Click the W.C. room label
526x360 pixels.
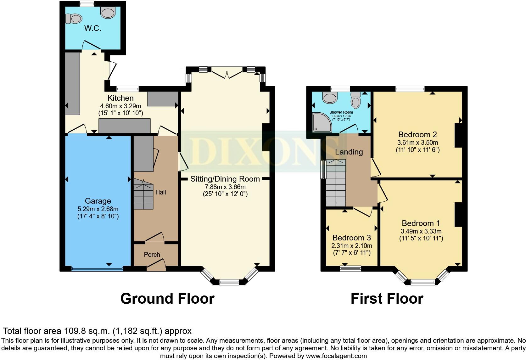(x=93, y=28)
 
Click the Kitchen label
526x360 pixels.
(x=120, y=98)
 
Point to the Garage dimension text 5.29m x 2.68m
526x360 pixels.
(x=98, y=209)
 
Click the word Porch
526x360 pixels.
(x=152, y=255)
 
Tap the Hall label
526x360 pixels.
(x=160, y=192)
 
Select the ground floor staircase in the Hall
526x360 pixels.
(x=143, y=195)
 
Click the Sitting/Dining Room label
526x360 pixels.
(x=225, y=179)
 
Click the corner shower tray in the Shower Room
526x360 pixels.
(x=321, y=123)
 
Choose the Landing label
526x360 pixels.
(x=349, y=152)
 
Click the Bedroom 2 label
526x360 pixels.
(x=417, y=135)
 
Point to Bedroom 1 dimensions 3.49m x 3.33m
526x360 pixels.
(x=421, y=231)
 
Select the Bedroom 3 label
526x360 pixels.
(x=351, y=238)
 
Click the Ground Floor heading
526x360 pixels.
(x=167, y=298)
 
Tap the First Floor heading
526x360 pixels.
(x=387, y=298)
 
